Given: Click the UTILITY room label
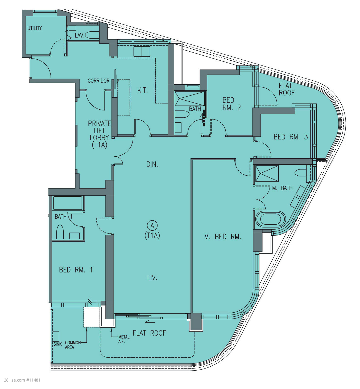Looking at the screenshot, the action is [35, 28].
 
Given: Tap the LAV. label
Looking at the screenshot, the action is [80, 35].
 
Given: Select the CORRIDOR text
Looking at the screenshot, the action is [98, 81].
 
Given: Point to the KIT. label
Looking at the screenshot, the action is [142, 90].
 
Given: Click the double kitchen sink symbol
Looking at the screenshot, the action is [142, 52].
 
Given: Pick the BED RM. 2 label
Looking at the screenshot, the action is [231, 104].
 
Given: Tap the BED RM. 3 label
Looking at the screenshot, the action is [291, 137].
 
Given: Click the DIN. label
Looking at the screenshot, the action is [152, 164].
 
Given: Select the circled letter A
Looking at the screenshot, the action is [152, 226].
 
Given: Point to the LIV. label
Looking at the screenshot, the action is [152, 278].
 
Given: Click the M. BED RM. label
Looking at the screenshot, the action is [223, 237].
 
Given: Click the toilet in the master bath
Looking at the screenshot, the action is [301, 173].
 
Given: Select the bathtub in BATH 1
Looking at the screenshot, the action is [68, 203].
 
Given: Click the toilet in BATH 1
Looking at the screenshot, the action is [60, 232].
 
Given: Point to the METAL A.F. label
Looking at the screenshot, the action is [124, 339].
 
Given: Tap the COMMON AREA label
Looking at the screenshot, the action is [73, 345].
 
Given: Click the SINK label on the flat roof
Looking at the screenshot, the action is [57, 344].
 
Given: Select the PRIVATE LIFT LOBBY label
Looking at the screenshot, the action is [99, 134].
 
